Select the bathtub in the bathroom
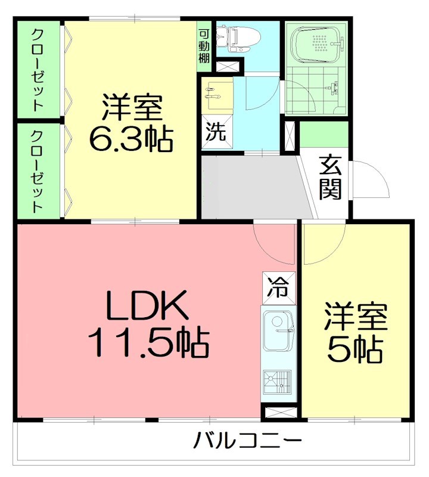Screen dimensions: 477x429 [316, 43]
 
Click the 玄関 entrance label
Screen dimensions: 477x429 [329, 177]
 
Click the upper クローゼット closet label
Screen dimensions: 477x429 [37, 70]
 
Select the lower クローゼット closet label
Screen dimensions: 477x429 [37, 171]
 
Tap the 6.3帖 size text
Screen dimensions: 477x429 [131, 139]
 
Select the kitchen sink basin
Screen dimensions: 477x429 [278, 330]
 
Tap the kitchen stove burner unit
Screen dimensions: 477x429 [278, 380]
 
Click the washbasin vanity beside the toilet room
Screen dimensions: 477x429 [216, 94]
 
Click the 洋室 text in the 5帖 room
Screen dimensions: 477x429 [355, 317]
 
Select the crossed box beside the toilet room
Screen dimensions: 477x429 [228, 66]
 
